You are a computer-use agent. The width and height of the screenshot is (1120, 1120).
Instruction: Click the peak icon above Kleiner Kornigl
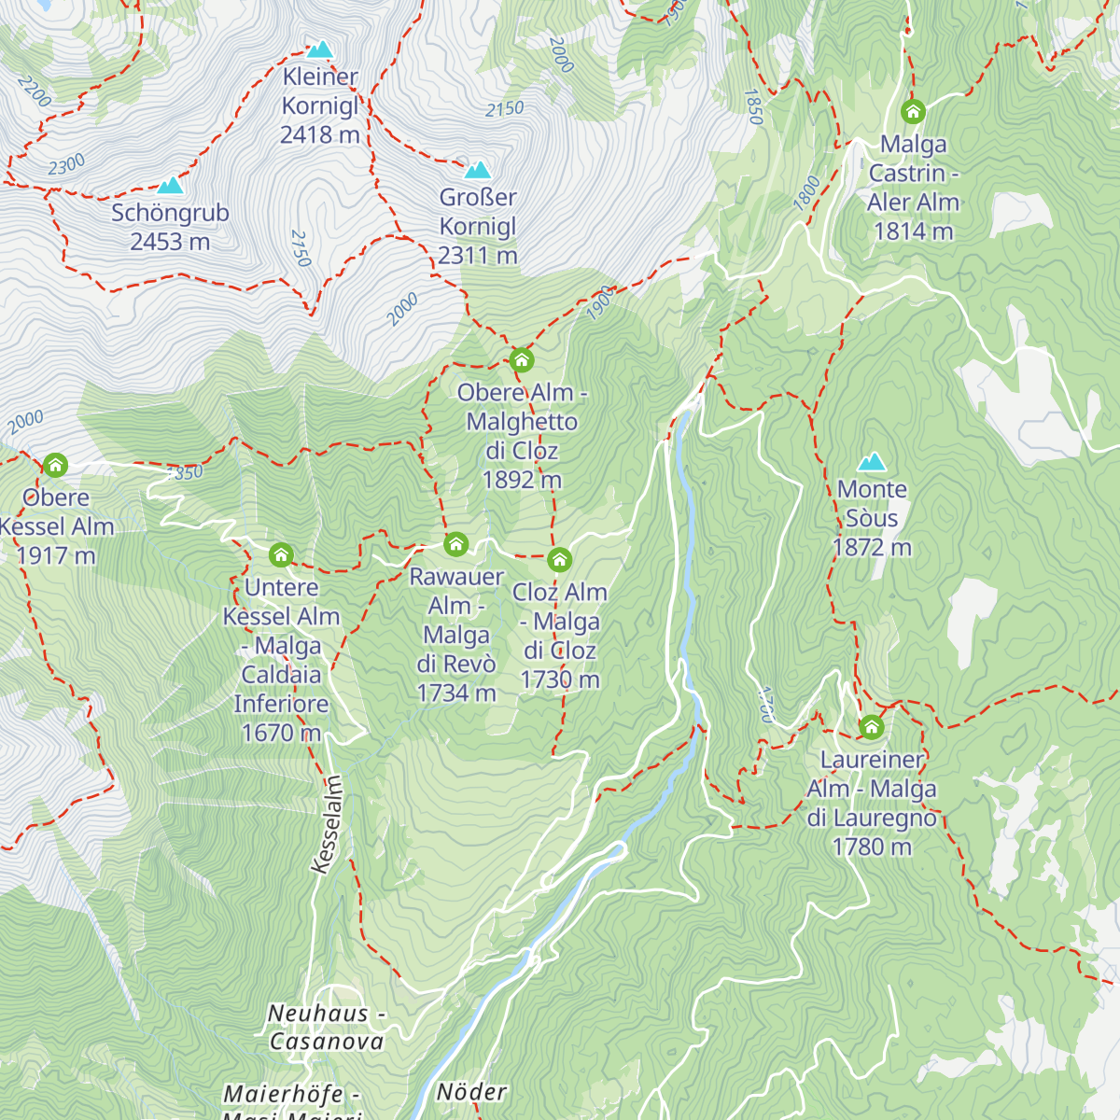click(x=320, y=49)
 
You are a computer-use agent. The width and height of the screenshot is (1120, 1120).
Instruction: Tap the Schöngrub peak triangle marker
click(x=170, y=186)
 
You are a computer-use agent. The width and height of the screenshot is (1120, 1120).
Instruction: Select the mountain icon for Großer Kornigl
click(x=478, y=170)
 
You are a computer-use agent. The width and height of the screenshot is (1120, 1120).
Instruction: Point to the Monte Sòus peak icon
click(x=872, y=462)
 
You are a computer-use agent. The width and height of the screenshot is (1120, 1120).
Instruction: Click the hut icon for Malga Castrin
click(x=913, y=112)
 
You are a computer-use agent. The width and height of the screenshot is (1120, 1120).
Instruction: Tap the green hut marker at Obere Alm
click(x=522, y=359)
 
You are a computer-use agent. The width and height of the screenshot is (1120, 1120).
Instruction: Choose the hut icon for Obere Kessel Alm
click(x=55, y=465)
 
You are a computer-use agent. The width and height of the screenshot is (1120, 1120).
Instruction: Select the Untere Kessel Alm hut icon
click(x=281, y=555)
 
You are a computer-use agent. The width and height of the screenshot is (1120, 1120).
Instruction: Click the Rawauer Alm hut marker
click(x=455, y=543)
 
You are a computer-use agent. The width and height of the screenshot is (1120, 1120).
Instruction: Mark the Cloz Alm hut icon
click(x=559, y=559)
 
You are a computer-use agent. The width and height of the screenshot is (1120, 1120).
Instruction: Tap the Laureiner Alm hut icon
click(x=871, y=726)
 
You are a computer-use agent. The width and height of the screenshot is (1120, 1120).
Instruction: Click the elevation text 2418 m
click(x=320, y=134)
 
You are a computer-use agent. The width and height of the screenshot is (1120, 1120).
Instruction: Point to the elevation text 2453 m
click(x=170, y=242)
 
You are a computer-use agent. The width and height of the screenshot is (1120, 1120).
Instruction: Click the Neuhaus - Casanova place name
click(x=326, y=1027)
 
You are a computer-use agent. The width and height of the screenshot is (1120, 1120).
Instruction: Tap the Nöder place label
click(x=472, y=1091)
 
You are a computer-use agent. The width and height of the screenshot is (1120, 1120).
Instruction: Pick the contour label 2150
click(x=505, y=109)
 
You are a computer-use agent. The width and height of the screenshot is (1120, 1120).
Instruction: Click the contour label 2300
click(x=66, y=165)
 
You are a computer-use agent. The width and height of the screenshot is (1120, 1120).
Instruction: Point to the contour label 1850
click(x=754, y=107)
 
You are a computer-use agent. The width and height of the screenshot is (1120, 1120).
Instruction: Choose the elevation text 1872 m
click(x=872, y=547)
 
